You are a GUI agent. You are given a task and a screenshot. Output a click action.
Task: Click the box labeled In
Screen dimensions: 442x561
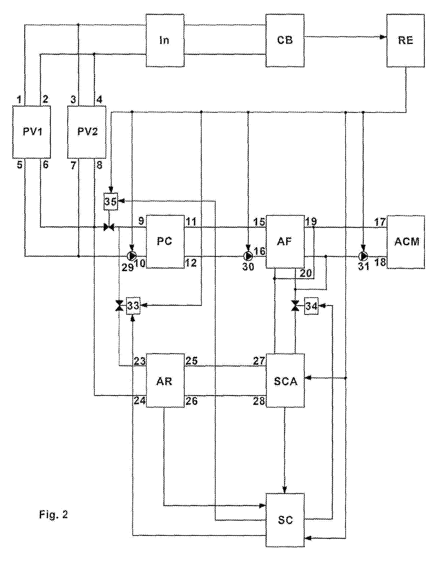165,40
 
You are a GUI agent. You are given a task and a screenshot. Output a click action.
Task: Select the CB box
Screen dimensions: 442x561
285,40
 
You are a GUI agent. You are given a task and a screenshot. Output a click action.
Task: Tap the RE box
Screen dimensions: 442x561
406,40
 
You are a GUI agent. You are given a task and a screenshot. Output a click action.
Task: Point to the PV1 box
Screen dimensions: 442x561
32,132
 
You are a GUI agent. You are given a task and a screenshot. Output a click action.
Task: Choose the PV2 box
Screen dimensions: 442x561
87,132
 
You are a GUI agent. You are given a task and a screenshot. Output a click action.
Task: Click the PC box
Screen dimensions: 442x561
165,242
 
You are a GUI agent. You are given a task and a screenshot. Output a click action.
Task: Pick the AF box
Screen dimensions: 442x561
285,242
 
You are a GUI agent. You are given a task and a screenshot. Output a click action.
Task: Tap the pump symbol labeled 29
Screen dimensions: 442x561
132,256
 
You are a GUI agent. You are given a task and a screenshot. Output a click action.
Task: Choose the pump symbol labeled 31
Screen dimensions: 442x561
363,256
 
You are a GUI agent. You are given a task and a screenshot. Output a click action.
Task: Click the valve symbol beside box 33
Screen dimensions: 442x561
119,306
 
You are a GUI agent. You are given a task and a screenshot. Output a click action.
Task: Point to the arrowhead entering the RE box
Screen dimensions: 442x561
383,37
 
